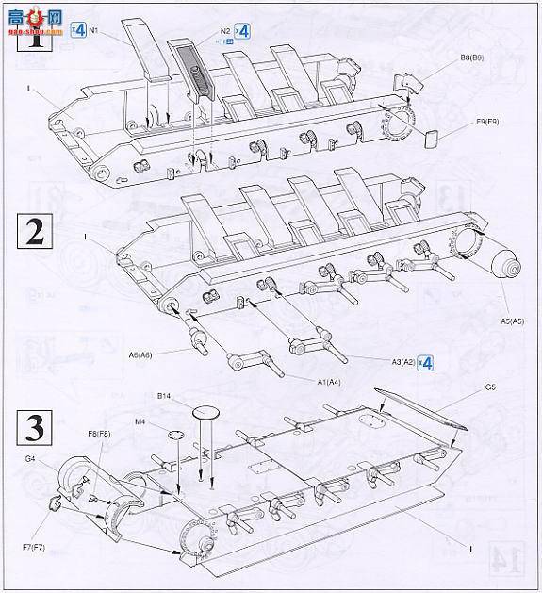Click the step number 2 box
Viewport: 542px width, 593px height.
click(35, 233)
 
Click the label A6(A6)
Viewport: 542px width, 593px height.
click(143, 354)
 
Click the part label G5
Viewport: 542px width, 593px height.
click(490, 387)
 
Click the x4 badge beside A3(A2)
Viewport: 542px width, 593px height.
click(425, 363)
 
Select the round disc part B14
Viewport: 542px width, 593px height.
click(206, 412)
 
